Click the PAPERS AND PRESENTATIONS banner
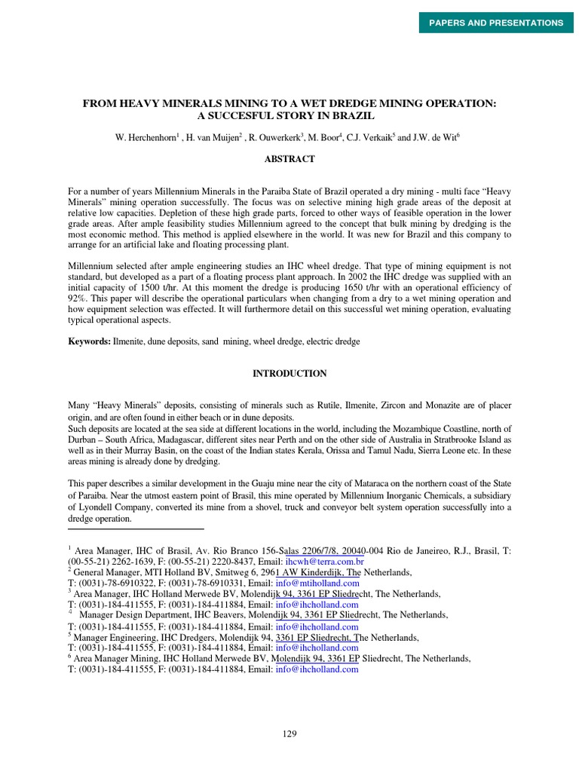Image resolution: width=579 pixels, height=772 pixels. pos(496,23)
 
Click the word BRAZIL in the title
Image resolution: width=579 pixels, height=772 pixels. pos(354,116)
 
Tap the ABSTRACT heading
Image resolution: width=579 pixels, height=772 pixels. pos(289,159)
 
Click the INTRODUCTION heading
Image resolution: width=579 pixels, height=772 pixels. pos(289,373)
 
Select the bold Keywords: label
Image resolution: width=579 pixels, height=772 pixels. pos(90,342)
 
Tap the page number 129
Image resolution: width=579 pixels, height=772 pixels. pos(289,734)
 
